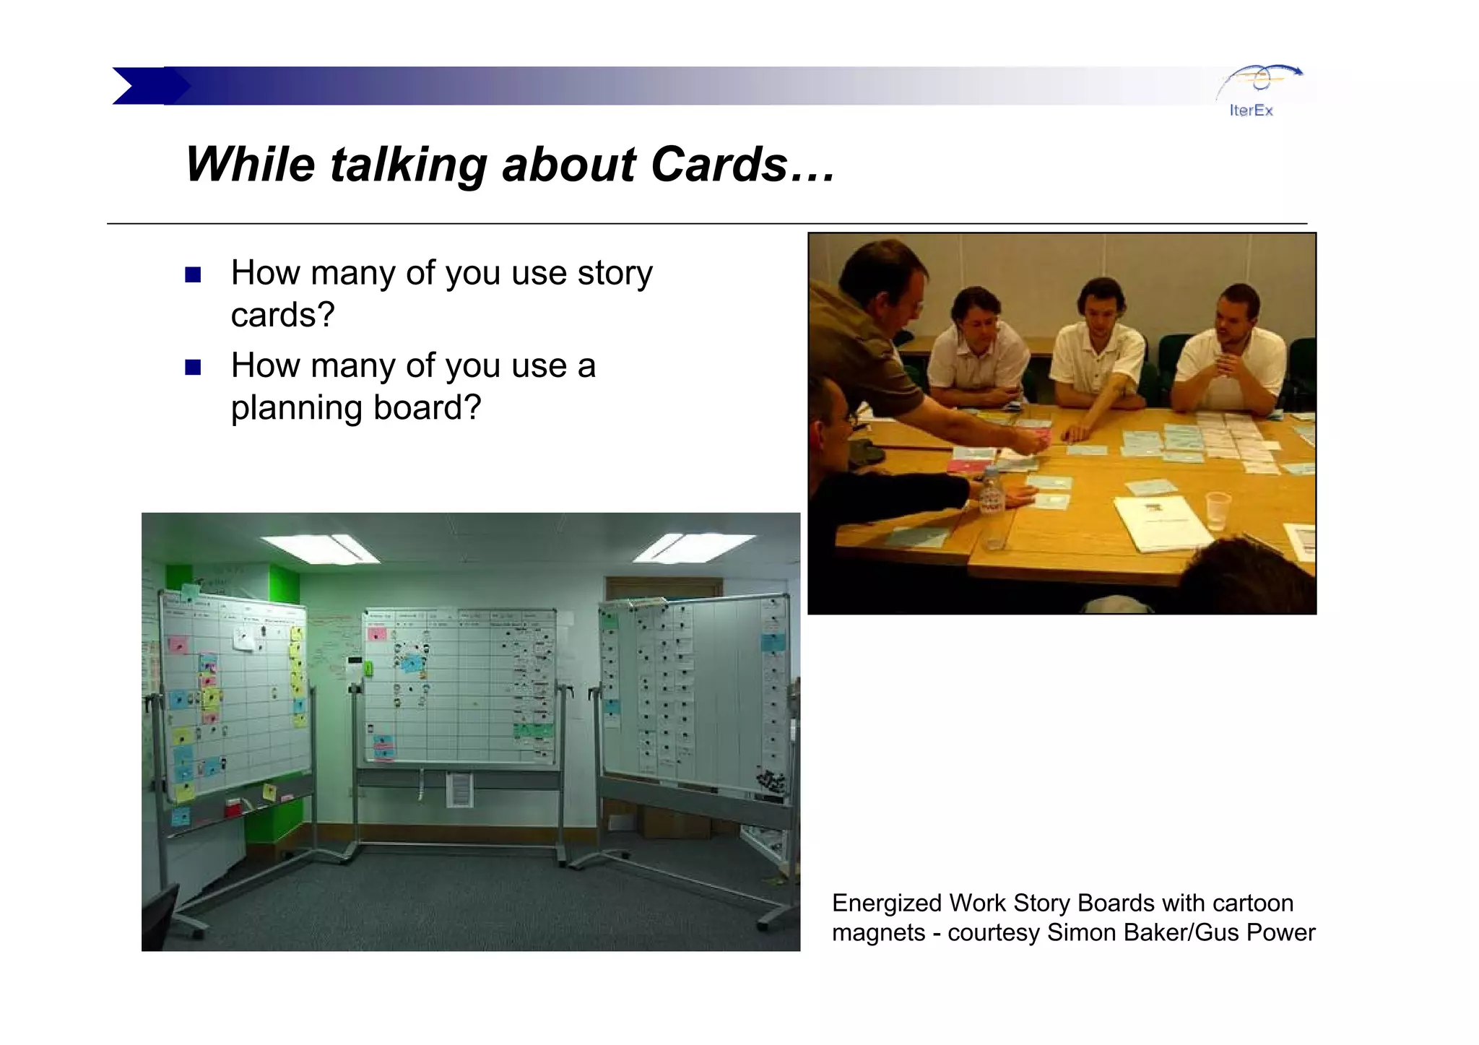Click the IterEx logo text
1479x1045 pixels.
[1251, 110]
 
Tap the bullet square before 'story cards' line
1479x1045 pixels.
[193, 275]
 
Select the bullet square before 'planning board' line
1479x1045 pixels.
[193, 368]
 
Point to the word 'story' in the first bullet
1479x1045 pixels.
[615, 274]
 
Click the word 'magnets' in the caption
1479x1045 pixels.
[878, 933]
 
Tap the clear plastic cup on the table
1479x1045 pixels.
[1217, 510]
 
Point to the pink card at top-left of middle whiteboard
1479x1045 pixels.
[377, 633]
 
